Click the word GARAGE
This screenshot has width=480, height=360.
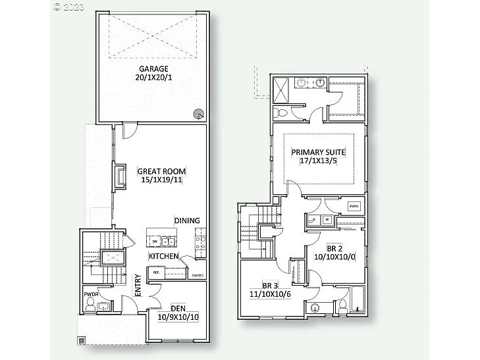[153, 68]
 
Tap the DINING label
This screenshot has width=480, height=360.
[187, 220]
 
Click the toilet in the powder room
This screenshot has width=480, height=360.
[102, 306]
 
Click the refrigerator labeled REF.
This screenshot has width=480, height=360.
[157, 272]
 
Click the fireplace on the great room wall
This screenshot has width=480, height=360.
[120, 177]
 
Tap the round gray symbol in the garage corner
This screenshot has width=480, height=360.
[199, 114]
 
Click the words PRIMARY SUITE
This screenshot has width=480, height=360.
[319, 153]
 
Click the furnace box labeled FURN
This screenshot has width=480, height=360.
[354, 205]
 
